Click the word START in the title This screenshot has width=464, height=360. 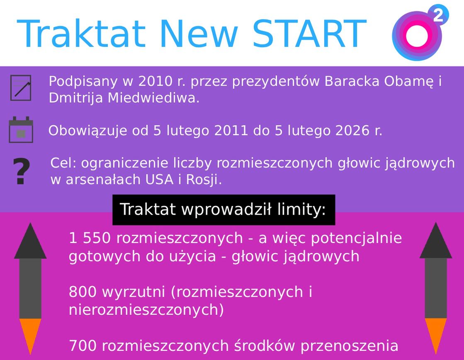coord(309,34)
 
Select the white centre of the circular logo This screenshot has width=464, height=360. coord(416,36)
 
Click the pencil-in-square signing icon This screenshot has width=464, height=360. coord(21,88)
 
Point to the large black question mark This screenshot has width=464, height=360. coord(22,172)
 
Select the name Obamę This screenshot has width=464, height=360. coord(408,81)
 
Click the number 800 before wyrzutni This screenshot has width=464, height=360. coord(82,292)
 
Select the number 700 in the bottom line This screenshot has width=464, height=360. coord(82,345)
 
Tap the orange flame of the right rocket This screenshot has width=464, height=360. coord(435,334)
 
